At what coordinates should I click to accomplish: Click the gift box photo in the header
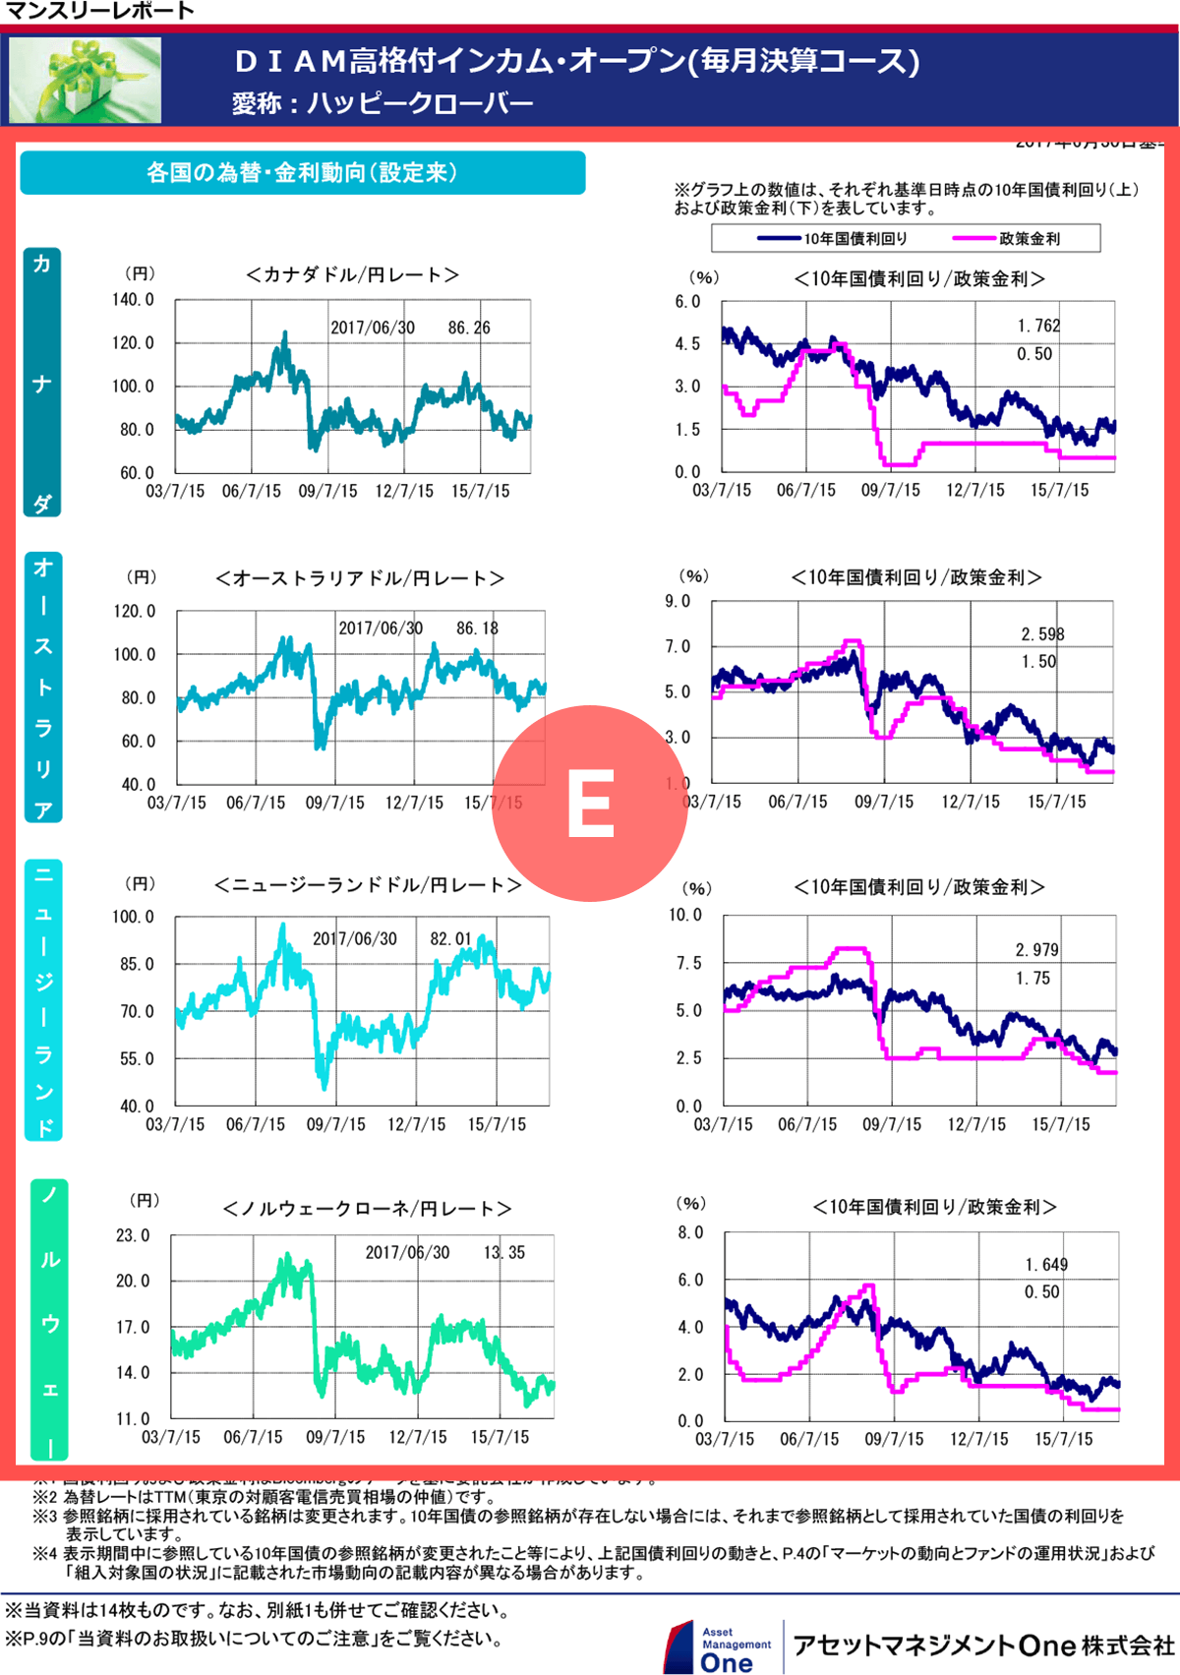[x=86, y=80]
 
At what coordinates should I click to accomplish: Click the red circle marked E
[x=590, y=803]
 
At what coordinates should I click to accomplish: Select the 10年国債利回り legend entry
[x=833, y=239]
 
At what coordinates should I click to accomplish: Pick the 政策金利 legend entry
[x=1007, y=239]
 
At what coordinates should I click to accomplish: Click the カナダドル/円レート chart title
[x=352, y=275]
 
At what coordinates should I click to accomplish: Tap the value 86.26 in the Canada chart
[x=469, y=328]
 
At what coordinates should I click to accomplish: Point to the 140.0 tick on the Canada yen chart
[x=133, y=300]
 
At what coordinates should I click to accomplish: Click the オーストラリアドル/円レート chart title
[x=360, y=578]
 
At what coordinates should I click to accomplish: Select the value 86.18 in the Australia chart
[x=477, y=628]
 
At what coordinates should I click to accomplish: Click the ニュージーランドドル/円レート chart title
[x=368, y=885]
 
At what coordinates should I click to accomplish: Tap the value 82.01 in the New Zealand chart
[x=451, y=939]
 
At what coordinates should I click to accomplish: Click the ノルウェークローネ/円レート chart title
[x=367, y=1209]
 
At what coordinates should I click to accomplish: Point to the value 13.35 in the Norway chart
[x=504, y=1253]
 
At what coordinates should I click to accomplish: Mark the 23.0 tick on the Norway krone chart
[x=133, y=1235]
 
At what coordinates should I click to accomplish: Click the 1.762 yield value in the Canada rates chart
[x=1038, y=326]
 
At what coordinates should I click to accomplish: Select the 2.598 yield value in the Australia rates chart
[x=1042, y=634]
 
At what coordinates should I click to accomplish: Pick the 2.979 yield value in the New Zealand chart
[x=1037, y=950]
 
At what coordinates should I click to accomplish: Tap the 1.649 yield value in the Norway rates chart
[x=1046, y=1265]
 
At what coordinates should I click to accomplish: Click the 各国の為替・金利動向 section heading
[x=302, y=173]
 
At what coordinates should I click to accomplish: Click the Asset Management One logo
[x=720, y=1647]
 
